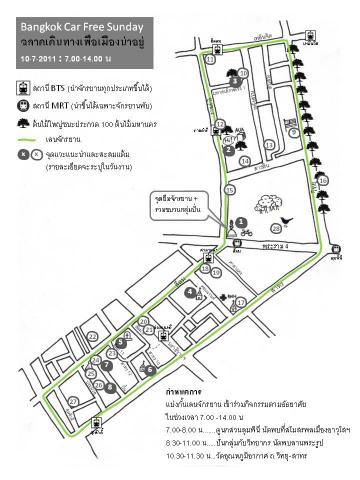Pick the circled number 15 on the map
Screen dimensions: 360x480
pos(230,190)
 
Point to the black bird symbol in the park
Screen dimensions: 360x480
pos(287,218)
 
